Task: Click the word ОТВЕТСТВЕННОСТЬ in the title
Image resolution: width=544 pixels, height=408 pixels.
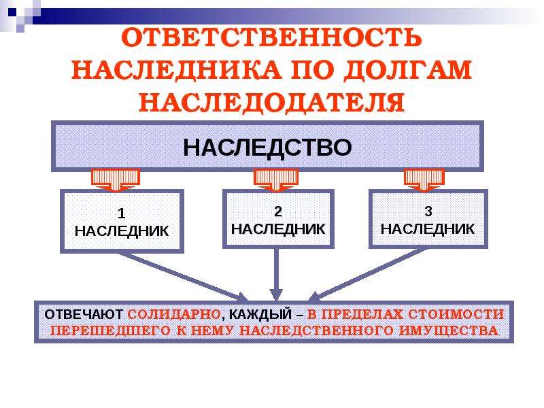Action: coord(271,37)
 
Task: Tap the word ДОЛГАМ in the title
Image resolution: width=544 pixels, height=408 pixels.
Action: coord(409,70)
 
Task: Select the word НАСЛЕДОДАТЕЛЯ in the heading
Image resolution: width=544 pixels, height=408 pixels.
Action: coord(271,102)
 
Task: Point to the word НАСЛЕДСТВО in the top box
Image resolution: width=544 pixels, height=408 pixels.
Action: coord(267,147)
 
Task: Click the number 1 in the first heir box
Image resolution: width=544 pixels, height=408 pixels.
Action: coord(121,214)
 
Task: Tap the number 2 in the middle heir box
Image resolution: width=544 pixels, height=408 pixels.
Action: coord(277,211)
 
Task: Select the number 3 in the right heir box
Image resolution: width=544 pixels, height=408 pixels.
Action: coord(428,211)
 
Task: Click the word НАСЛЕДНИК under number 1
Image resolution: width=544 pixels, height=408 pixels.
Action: coord(122,231)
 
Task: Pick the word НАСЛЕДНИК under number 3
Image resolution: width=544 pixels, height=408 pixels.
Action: coord(428,229)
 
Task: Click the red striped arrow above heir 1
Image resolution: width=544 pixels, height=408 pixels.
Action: coord(116,180)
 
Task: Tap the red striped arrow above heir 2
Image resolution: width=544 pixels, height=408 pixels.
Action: coord(276,180)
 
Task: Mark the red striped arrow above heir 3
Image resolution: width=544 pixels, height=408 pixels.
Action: coord(424,180)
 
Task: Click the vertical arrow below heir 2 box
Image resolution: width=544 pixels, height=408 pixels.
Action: coord(276,274)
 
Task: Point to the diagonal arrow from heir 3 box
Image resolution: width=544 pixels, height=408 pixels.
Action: coord(368,275)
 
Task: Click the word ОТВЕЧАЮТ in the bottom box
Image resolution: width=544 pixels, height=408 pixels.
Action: coord(83,314)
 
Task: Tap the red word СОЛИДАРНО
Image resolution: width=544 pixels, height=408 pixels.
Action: coord(174,314)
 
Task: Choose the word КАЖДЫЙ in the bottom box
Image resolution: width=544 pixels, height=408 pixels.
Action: coord(260,315)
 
